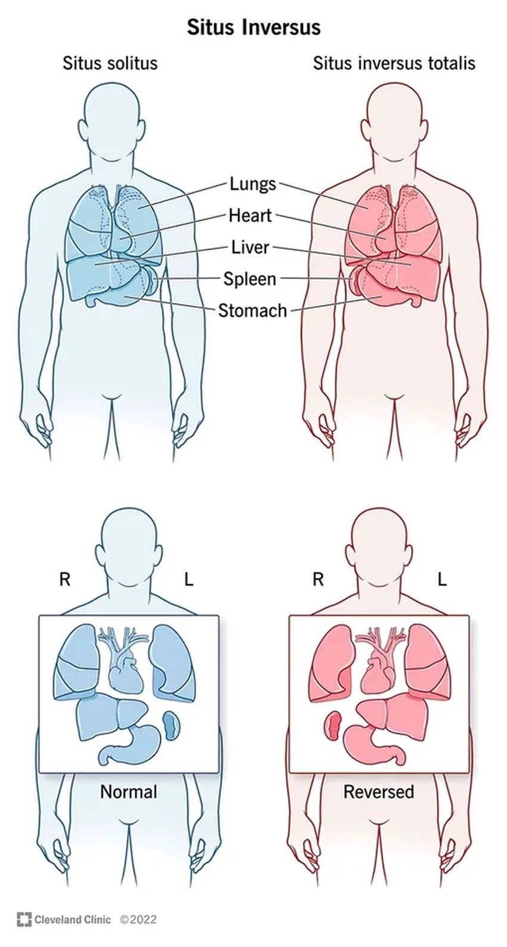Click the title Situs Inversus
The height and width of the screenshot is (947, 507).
coord(253,27)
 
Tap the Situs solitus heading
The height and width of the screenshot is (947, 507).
coord(110,63)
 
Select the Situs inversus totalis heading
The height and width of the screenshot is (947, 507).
coord(394,63)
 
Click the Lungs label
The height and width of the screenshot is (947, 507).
coord(253,184)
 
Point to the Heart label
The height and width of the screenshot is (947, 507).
coord(251,215)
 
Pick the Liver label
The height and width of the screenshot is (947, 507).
coord(251,247)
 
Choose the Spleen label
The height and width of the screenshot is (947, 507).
coord(250,279)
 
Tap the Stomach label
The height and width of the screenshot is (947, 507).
coord(252,310)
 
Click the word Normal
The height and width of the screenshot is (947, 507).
coord(128,792)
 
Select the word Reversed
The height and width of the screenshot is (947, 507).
coord(379,792)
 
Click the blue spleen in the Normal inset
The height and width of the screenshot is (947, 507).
coord(171,726)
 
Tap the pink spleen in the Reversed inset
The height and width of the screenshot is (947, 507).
coord(332,726)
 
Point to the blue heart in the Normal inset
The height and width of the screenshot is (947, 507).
coord(125,674)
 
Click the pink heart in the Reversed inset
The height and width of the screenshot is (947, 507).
coord(378,674)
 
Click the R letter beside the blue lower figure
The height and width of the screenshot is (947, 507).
coord(64,579)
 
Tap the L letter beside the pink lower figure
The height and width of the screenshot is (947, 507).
coord(442,579)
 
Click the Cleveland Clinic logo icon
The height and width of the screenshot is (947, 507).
coord(24,920)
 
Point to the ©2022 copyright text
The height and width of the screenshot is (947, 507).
coord(138,920)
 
